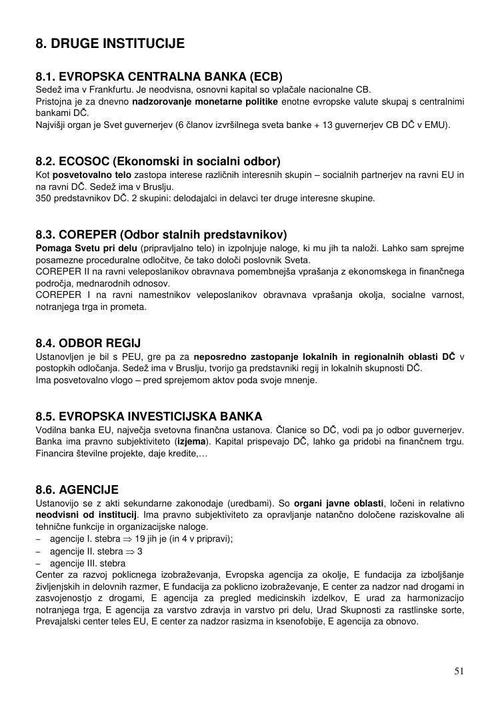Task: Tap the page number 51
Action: [x=459, y=671]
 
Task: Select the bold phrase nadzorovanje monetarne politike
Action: [x=205, y=101]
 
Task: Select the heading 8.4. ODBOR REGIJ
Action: [x=88, y=344]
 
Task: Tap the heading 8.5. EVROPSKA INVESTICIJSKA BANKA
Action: [x=149, y=416]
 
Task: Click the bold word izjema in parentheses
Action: [x=191, y=441]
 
